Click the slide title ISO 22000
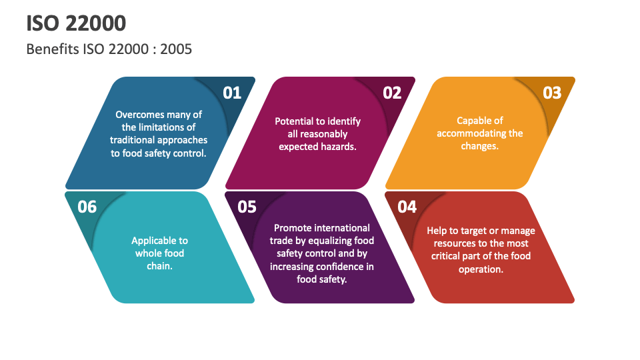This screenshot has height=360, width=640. coord(76,23)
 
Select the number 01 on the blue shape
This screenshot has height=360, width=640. coord(231,93)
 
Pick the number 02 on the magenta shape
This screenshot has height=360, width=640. coord(392,93)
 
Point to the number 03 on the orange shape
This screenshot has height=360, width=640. coord(552,93)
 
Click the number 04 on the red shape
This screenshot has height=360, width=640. coord(407,207)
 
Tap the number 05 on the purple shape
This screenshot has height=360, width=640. coord(247,207)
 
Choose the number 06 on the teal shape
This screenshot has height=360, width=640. coord(87,207)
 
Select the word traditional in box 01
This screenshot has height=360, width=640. coord(133,140)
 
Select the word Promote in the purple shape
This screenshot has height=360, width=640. coord(292,228)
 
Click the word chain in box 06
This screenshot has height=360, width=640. coord(159,266)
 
